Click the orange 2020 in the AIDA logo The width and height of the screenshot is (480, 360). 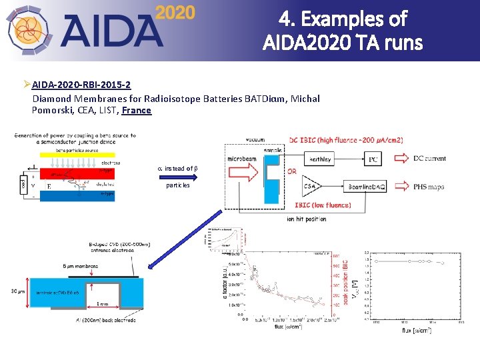coord(175,13)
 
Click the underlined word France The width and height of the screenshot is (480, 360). coord(137,110)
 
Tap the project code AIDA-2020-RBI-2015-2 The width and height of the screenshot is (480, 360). coord(81,85)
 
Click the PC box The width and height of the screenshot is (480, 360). coord(374,160)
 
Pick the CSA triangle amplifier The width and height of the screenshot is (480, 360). coord(310,187)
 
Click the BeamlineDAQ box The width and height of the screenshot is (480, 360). coord(365,187)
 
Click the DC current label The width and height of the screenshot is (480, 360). coord(430,159)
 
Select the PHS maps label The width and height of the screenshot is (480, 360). coord(429,187)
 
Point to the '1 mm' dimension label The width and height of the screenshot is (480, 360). coord(102,303)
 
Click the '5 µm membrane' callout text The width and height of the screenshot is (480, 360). coord(81,266)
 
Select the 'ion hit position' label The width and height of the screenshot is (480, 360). coord(306,219)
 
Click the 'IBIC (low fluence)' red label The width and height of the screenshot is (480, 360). coord(323,205)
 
